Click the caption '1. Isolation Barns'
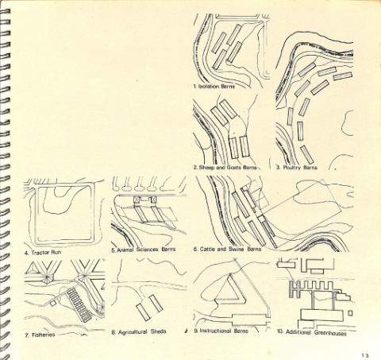point(214,87)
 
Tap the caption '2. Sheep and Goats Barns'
point(225,168)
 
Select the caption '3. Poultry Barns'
point(297,168)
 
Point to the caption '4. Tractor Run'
point(43,253)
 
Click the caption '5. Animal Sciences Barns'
point(143,250)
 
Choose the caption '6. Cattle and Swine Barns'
point(227,250)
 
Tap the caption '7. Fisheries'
point(40,335)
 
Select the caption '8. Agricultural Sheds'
point(139,332)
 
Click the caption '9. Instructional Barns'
point(221,331)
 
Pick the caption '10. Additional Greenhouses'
point(312,332)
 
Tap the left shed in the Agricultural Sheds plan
point(144,312)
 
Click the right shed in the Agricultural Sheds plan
point(156,303)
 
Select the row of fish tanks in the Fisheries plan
point(80,305)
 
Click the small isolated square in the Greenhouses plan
point(350,313)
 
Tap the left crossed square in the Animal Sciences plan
point(137,199)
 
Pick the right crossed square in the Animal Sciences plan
point(153,199)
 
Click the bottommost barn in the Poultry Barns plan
point(307,155)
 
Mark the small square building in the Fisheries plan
point(53,303)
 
